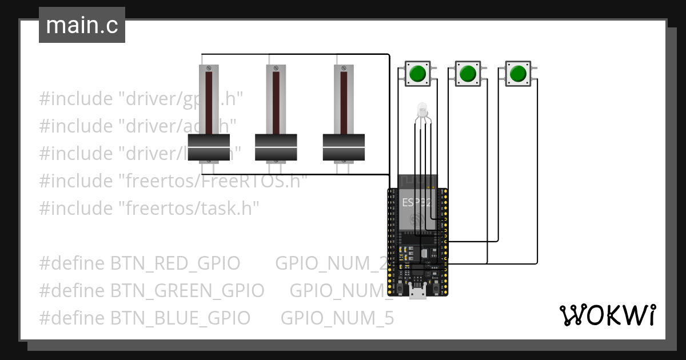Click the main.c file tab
click(82, 26)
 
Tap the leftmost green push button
click(417, 74)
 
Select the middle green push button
click(468, 74)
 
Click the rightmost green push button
click(518, 74)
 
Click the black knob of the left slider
click(209, 148)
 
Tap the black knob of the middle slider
click(276, 148)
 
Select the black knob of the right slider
click(344, 148)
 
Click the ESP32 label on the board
click(417, 202)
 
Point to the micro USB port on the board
click(417, 292)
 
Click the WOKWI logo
click(607, 315)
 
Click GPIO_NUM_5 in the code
click(337, 318)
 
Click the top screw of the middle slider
click(276, 68)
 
